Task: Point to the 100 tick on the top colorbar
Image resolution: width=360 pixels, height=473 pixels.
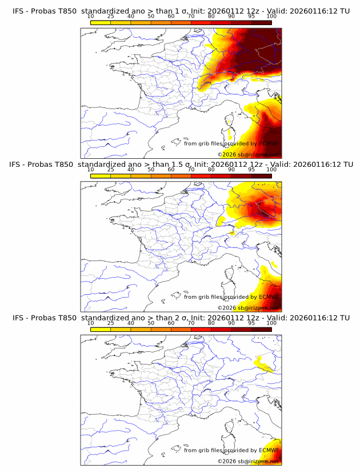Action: pos(271,16)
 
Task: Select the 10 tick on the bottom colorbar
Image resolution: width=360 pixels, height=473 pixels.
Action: pos(90,323)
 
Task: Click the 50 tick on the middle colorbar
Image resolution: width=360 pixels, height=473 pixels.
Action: pos(151,170)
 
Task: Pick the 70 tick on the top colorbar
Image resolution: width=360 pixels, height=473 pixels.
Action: pos(191,16)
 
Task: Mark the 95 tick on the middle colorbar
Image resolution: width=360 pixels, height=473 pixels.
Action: pos(251,170)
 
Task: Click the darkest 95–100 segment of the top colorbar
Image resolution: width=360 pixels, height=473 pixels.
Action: pos(261,22)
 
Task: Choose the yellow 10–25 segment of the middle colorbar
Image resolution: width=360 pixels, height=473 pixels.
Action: pos(100,175)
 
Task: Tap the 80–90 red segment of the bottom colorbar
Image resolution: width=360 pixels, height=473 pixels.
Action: pos(221,329)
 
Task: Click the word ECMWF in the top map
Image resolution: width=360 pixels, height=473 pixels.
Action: pos(269,143)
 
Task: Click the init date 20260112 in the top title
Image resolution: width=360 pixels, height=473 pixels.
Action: pos(231,11)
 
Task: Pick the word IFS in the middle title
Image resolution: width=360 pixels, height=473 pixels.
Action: pos(18,165)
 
